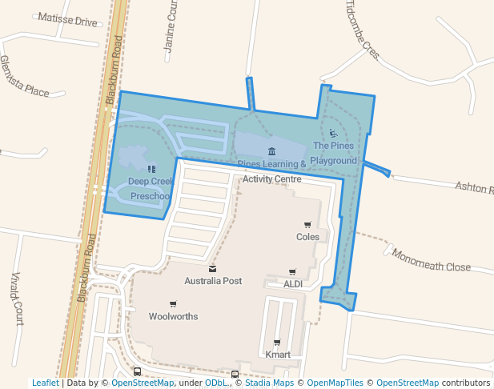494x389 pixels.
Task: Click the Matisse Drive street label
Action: tap(66, 20)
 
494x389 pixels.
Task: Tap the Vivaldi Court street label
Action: tap(17, 298)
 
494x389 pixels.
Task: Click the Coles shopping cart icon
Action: tap(307, 225)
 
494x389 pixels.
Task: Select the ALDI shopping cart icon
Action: tap(292, 272)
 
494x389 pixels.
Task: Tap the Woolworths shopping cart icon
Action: tap(173, 304)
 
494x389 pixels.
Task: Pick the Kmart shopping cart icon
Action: tap(277, 343)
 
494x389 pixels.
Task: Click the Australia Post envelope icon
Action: tap(212, 269)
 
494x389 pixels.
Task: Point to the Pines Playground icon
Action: tap(333, 134)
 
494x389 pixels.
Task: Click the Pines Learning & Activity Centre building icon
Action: tap(271, 152)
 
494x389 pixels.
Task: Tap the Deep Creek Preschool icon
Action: tap(151, 169)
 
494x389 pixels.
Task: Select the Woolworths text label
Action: tap(173, 316)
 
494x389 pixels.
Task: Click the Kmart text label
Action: tap(277, 355)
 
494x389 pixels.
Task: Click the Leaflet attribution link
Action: tap(45, 383)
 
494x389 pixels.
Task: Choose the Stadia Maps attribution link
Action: tap(269, 383)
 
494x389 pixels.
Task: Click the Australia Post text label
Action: tap(212, 281)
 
